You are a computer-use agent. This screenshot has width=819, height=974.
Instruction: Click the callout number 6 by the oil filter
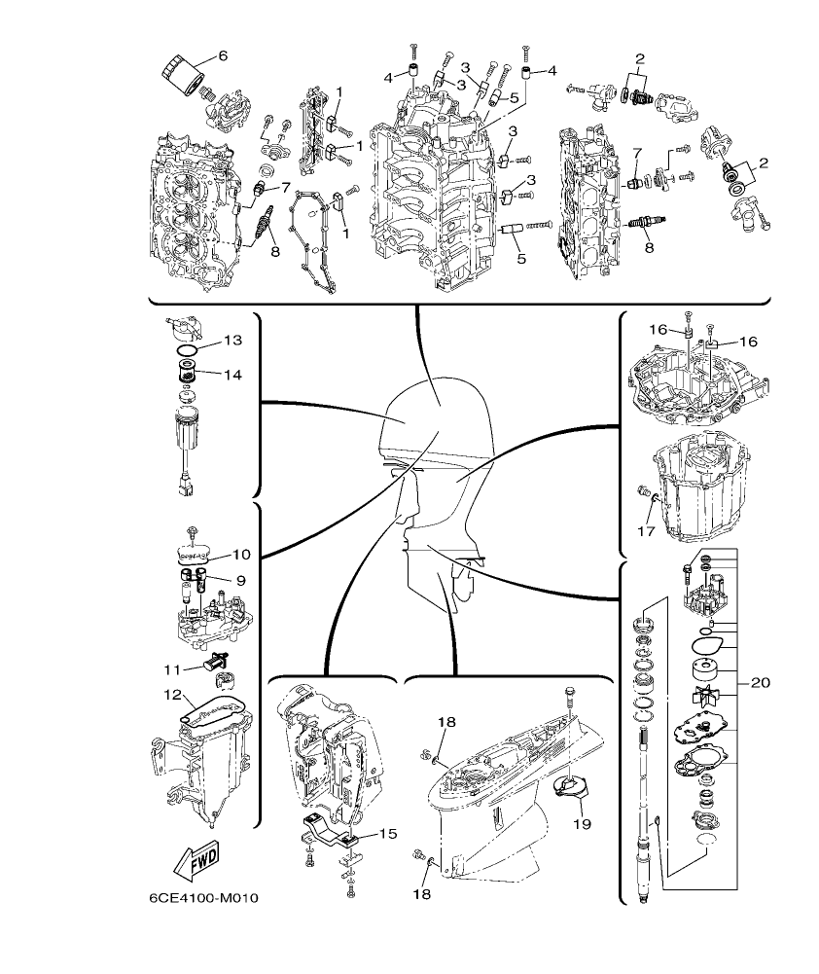222,56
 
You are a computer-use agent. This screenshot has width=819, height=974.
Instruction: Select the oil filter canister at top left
180,71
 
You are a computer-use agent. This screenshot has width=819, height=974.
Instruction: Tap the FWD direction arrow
196,860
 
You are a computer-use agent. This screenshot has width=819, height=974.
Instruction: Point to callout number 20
761,683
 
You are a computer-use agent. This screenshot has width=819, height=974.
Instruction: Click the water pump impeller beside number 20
702,699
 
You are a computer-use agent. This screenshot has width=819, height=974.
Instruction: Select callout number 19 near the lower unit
582,824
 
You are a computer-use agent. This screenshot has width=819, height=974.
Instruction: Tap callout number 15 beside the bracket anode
387,834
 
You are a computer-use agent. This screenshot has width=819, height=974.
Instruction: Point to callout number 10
241,555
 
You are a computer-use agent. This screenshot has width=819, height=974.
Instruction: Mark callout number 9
238,580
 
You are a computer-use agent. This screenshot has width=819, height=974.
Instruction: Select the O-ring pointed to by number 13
189,350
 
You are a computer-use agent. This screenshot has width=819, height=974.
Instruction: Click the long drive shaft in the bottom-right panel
645,778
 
